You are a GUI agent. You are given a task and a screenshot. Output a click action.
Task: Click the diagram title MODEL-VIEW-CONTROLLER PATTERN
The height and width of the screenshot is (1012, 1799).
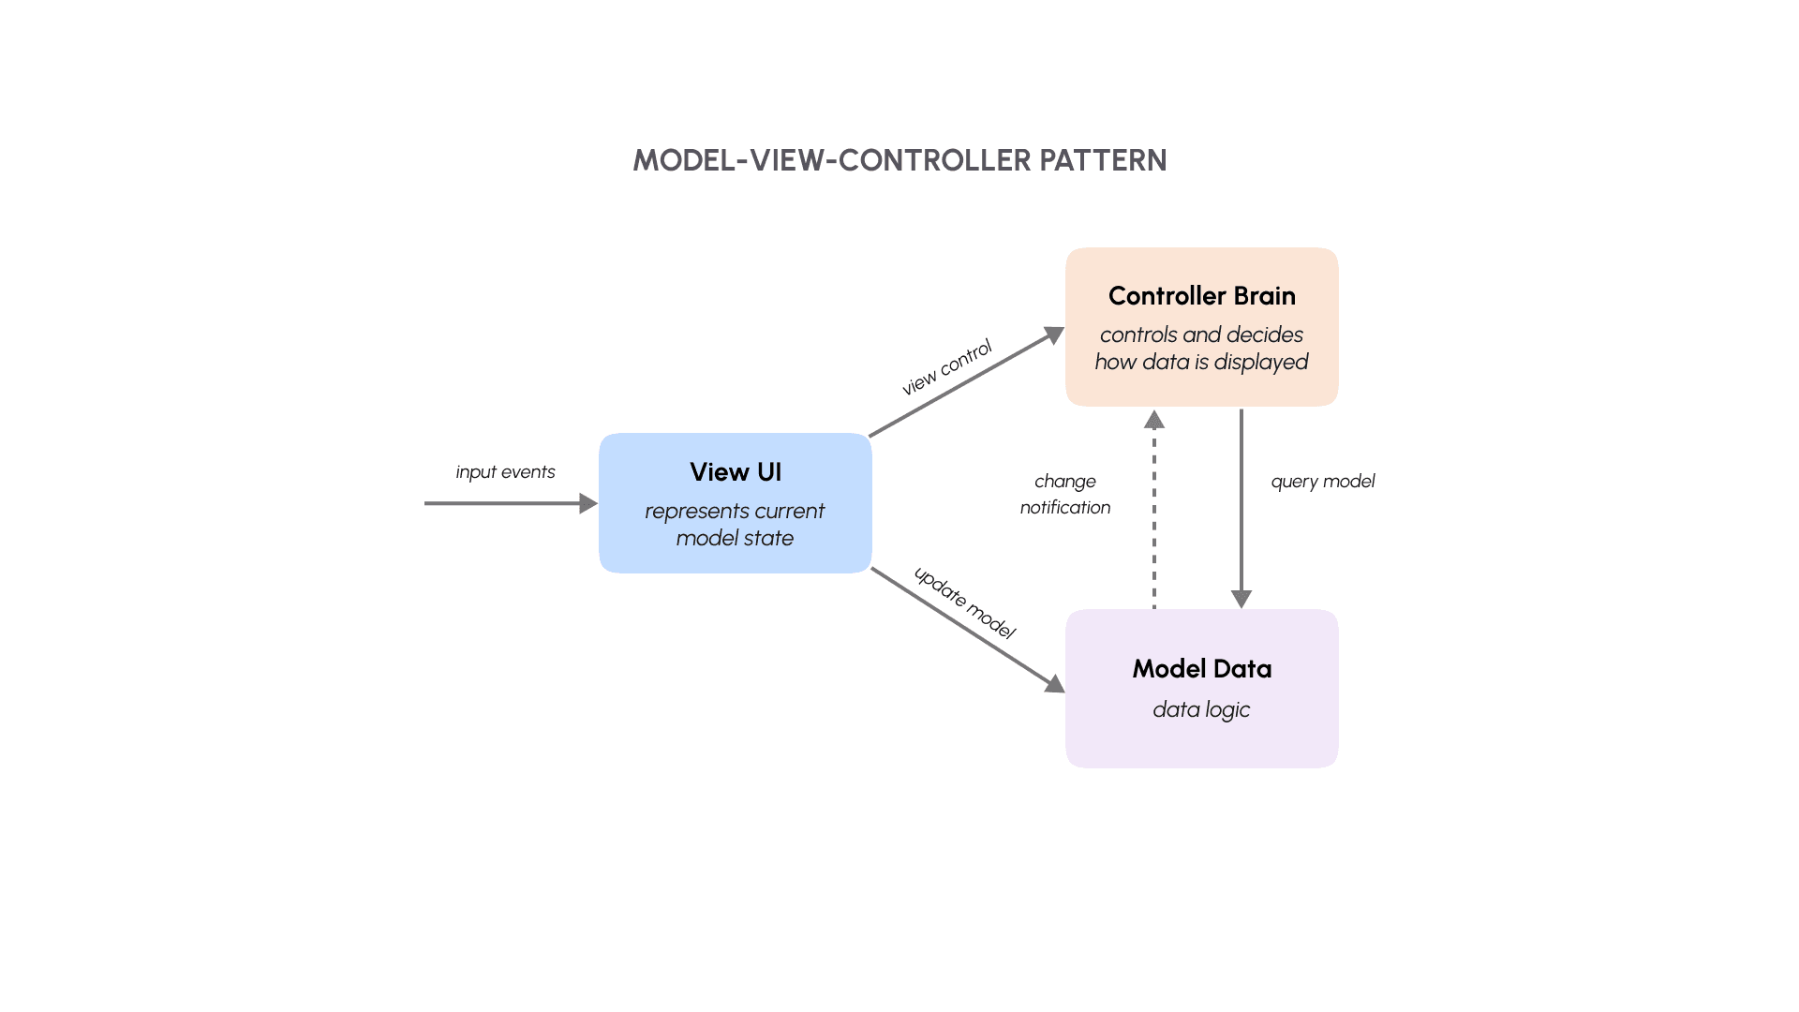899,160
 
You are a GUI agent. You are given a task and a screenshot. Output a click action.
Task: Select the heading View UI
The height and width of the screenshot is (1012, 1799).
736,472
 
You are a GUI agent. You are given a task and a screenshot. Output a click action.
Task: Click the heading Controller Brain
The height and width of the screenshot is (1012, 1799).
1201,296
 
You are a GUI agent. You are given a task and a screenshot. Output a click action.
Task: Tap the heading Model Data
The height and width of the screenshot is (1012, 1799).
1201,669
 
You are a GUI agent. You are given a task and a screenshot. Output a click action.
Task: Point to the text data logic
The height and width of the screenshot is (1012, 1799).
1201,709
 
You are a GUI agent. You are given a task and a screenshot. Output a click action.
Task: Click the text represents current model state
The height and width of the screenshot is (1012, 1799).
735,525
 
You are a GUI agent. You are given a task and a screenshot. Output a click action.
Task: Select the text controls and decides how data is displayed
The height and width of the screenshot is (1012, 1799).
1201,349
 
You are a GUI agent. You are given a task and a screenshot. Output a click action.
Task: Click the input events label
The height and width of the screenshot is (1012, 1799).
505,472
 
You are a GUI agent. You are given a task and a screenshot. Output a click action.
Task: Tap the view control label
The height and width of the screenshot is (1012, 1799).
946,368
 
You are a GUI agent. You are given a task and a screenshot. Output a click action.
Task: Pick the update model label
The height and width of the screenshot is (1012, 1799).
964,603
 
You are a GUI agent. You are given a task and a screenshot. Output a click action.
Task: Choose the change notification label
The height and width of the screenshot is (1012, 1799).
1065,494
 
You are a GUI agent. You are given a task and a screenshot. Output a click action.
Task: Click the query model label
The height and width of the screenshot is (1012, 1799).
1322,482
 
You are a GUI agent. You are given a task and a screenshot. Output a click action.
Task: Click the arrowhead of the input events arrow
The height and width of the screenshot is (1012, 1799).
589,503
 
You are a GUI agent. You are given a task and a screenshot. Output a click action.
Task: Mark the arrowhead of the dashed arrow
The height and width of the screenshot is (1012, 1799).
1154,420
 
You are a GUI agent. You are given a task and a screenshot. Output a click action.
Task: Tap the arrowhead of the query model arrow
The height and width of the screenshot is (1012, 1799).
1241,600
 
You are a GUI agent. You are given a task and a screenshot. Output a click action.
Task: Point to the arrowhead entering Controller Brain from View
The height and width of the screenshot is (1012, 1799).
1055,335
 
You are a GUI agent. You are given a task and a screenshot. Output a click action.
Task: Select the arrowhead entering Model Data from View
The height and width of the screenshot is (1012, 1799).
1055,684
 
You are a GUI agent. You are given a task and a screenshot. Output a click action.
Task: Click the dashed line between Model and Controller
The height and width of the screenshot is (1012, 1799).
1154,525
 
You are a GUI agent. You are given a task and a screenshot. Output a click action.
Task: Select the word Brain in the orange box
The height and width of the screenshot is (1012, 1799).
1264,296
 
